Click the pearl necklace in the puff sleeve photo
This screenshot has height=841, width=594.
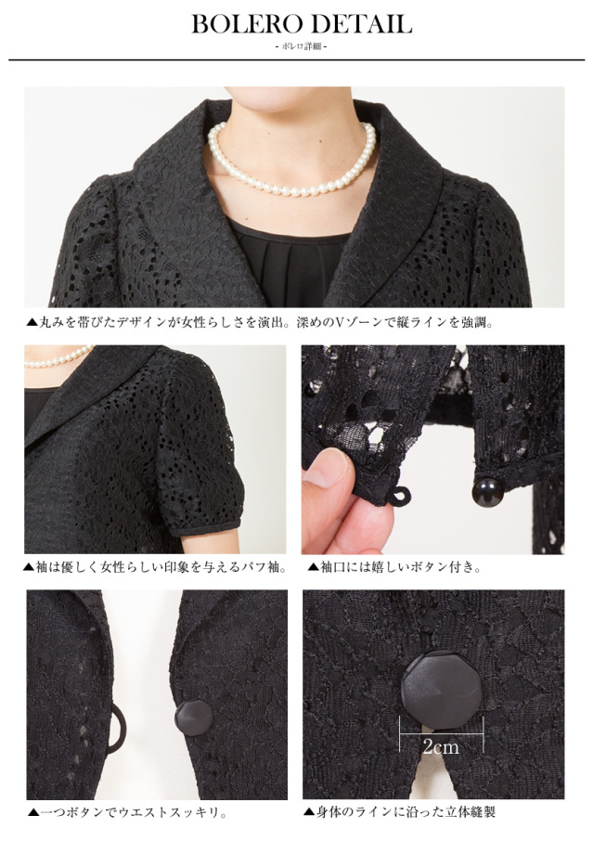58,356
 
